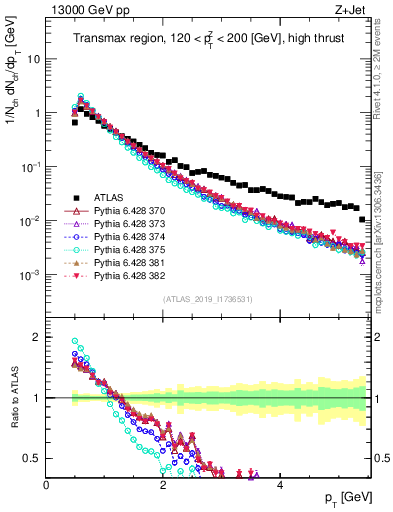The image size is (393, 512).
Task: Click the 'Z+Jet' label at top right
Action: [x=351, y=10]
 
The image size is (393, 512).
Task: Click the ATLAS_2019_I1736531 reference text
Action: [x=207, y=298]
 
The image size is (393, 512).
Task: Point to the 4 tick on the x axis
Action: [x=280, y=484]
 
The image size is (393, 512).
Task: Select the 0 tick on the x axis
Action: [x=47, y=484]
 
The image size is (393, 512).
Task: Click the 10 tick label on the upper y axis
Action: [x=33, y=58]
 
